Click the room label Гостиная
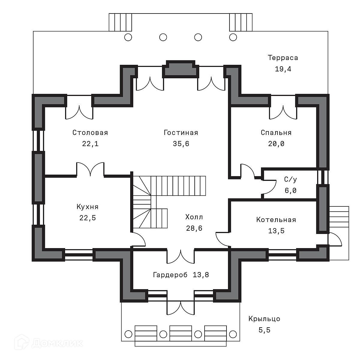(x=181, y=133)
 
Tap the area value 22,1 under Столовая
(x=90, y=144)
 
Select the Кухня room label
(x=87, y=207)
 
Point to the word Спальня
(x=276, y=133)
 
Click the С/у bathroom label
(x=290, y=179)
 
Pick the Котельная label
(x=276, y=220)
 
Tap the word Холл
(x=194, y=217)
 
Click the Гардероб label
(x=170, y=274)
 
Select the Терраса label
(x=283, y=58)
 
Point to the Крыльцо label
(x=264, y=319)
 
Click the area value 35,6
(x=181, y=144)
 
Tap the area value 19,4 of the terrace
(x=283, y=69)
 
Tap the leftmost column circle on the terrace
(x=128, y=37)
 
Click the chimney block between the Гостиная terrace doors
(x=181, y=70)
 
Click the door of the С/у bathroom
(x=268, y=187)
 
